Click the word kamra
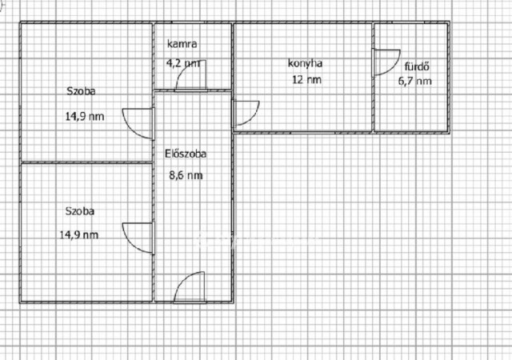tap(182, 44)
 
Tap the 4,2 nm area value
tap(183, 62)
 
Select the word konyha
tap(305, 63)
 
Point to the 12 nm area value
tap(306, 79)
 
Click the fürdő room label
tap(417, 66)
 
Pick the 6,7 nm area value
tap(414, 81)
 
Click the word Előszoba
tap(185, 154)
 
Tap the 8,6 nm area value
tap(186, 175)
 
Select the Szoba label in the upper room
tap(81, 91)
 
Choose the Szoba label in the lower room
tap(80, 211)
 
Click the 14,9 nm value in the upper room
tap(85, 116)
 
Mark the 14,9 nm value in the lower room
tap(78, 235)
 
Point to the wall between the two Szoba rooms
tap(86, 162)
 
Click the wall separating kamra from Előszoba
tap(193, 90)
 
